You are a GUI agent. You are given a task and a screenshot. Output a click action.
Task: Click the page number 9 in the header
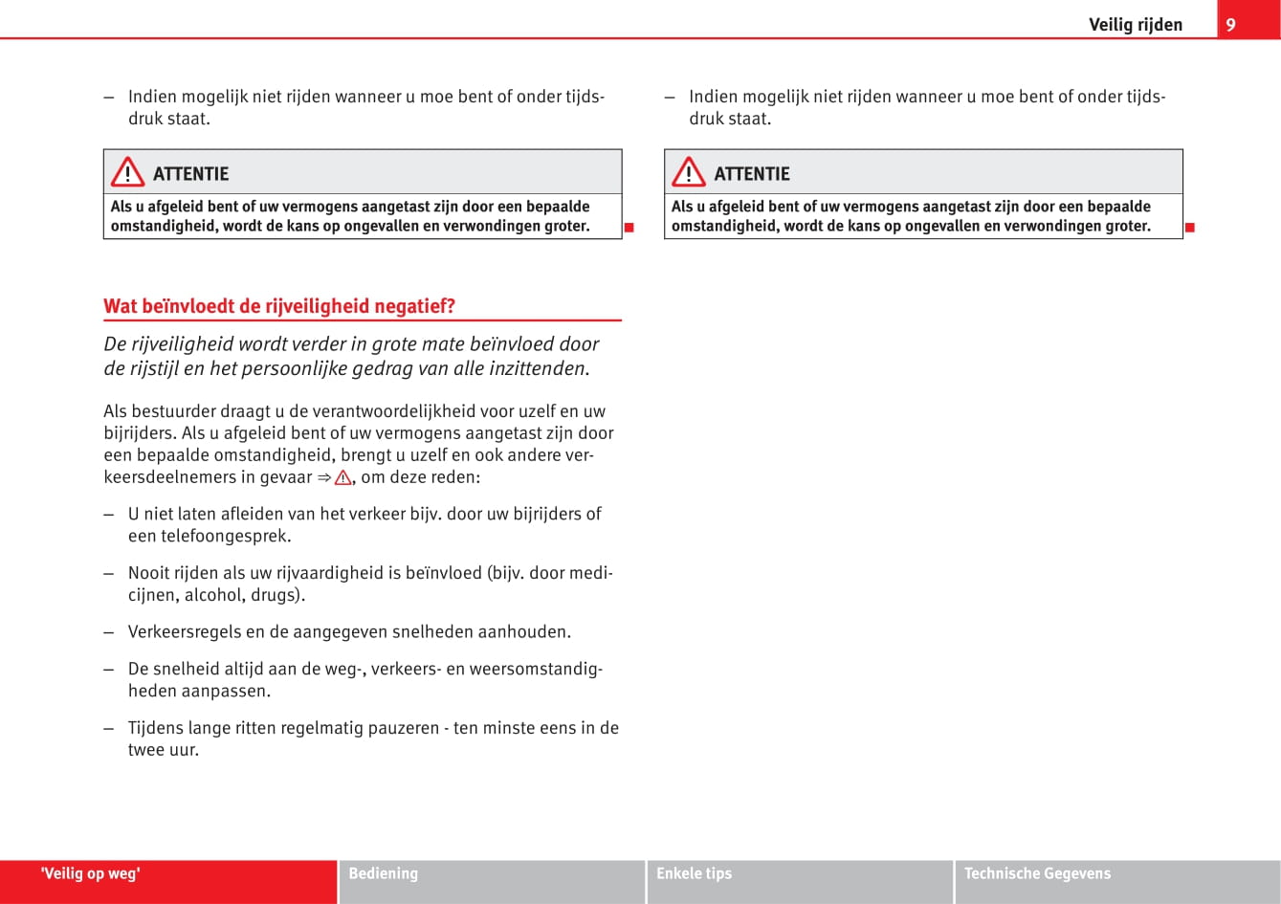1230,25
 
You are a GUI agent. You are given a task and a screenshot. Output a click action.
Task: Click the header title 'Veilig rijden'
1135,25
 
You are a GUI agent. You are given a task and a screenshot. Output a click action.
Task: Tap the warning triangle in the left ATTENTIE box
127,173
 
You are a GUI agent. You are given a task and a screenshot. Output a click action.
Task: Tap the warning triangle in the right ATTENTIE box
688,173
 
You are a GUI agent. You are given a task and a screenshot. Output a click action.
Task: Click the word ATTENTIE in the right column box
752,174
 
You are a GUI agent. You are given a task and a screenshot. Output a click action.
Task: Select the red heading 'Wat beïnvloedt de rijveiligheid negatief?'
279,306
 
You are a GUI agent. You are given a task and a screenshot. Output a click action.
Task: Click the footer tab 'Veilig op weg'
91,873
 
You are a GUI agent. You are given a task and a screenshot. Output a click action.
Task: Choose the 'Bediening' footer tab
383,873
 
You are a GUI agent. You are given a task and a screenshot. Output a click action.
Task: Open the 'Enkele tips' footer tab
694,873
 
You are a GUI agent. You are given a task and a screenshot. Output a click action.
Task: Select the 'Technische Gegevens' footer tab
1037,873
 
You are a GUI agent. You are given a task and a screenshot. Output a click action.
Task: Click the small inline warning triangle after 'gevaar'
342,477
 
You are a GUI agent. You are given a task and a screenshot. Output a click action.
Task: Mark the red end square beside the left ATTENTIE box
629,228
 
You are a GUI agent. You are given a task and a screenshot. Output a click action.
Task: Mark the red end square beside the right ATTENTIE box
1190,228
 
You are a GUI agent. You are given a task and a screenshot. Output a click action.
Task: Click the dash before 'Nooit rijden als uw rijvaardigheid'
110,573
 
